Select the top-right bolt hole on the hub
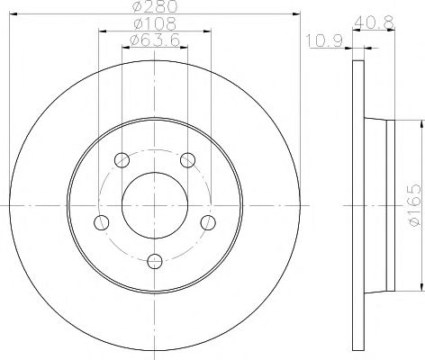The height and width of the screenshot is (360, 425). point(187,160)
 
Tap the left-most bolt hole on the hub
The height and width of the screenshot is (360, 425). point(102,222)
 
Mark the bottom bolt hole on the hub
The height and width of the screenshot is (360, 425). point(155,261)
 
